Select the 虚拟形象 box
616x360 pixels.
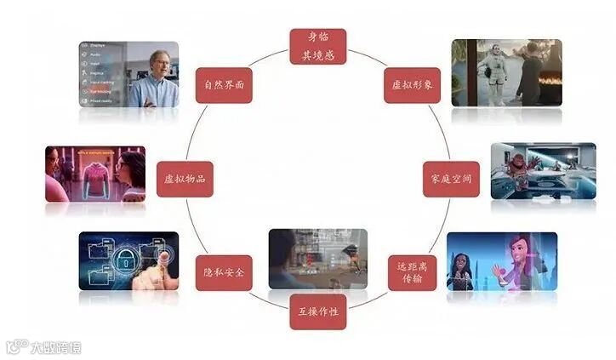click(x=412, y=85)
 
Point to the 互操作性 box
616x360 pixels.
click(x=318, y=311)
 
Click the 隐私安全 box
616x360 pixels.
click(x=224, y=272)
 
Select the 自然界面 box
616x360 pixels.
click(x=224, y=85)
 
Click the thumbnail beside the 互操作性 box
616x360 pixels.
click(x=317, y=259)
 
